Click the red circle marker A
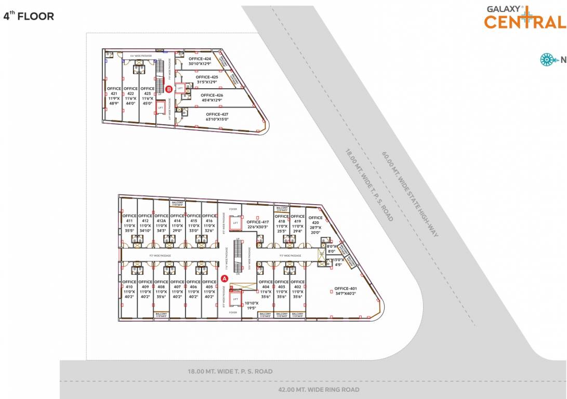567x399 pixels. [225, 278]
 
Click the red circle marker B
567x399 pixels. [169, 89]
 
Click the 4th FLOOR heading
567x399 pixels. [29, 16]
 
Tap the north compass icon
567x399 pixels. [547, 60]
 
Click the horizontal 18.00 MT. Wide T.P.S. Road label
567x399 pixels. [230, 371]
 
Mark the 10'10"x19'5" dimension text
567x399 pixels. [252, 305]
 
